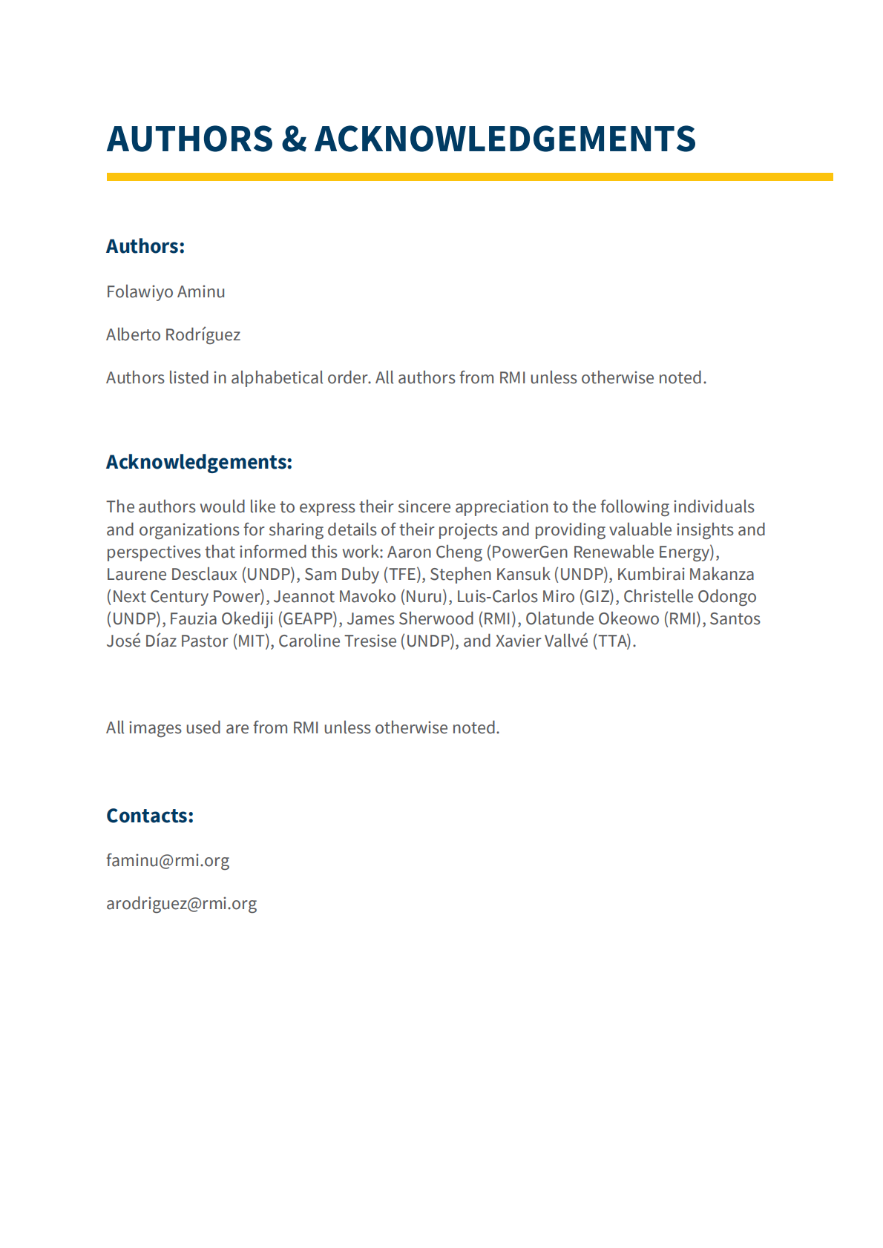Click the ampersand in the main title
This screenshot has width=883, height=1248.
[x=294, y=139]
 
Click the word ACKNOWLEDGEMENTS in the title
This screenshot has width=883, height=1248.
[x=505, y=139]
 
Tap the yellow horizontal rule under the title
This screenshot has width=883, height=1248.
[x=469, y=177]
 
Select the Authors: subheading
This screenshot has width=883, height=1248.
[x=145, y=246]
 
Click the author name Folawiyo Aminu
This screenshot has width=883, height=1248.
[x=165, y=291]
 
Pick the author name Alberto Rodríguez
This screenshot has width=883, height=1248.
[x=173, y=334]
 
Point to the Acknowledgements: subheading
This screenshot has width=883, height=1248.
[x=199, y=462]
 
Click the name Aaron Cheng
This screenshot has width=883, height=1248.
[x=434, y=552]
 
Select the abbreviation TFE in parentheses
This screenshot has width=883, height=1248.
[x=403, y=574]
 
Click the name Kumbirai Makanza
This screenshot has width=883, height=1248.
[x=685, y=574]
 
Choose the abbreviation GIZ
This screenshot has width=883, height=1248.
[x=597, y=596]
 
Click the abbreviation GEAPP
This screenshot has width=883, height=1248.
[x=307, y=618]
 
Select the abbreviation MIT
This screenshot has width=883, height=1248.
[x=252, y=641]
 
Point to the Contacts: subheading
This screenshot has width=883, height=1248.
[x=150, y=816]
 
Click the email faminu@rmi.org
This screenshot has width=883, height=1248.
[x=168, y=860]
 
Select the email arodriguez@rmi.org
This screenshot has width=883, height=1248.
[x=181, y=903]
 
